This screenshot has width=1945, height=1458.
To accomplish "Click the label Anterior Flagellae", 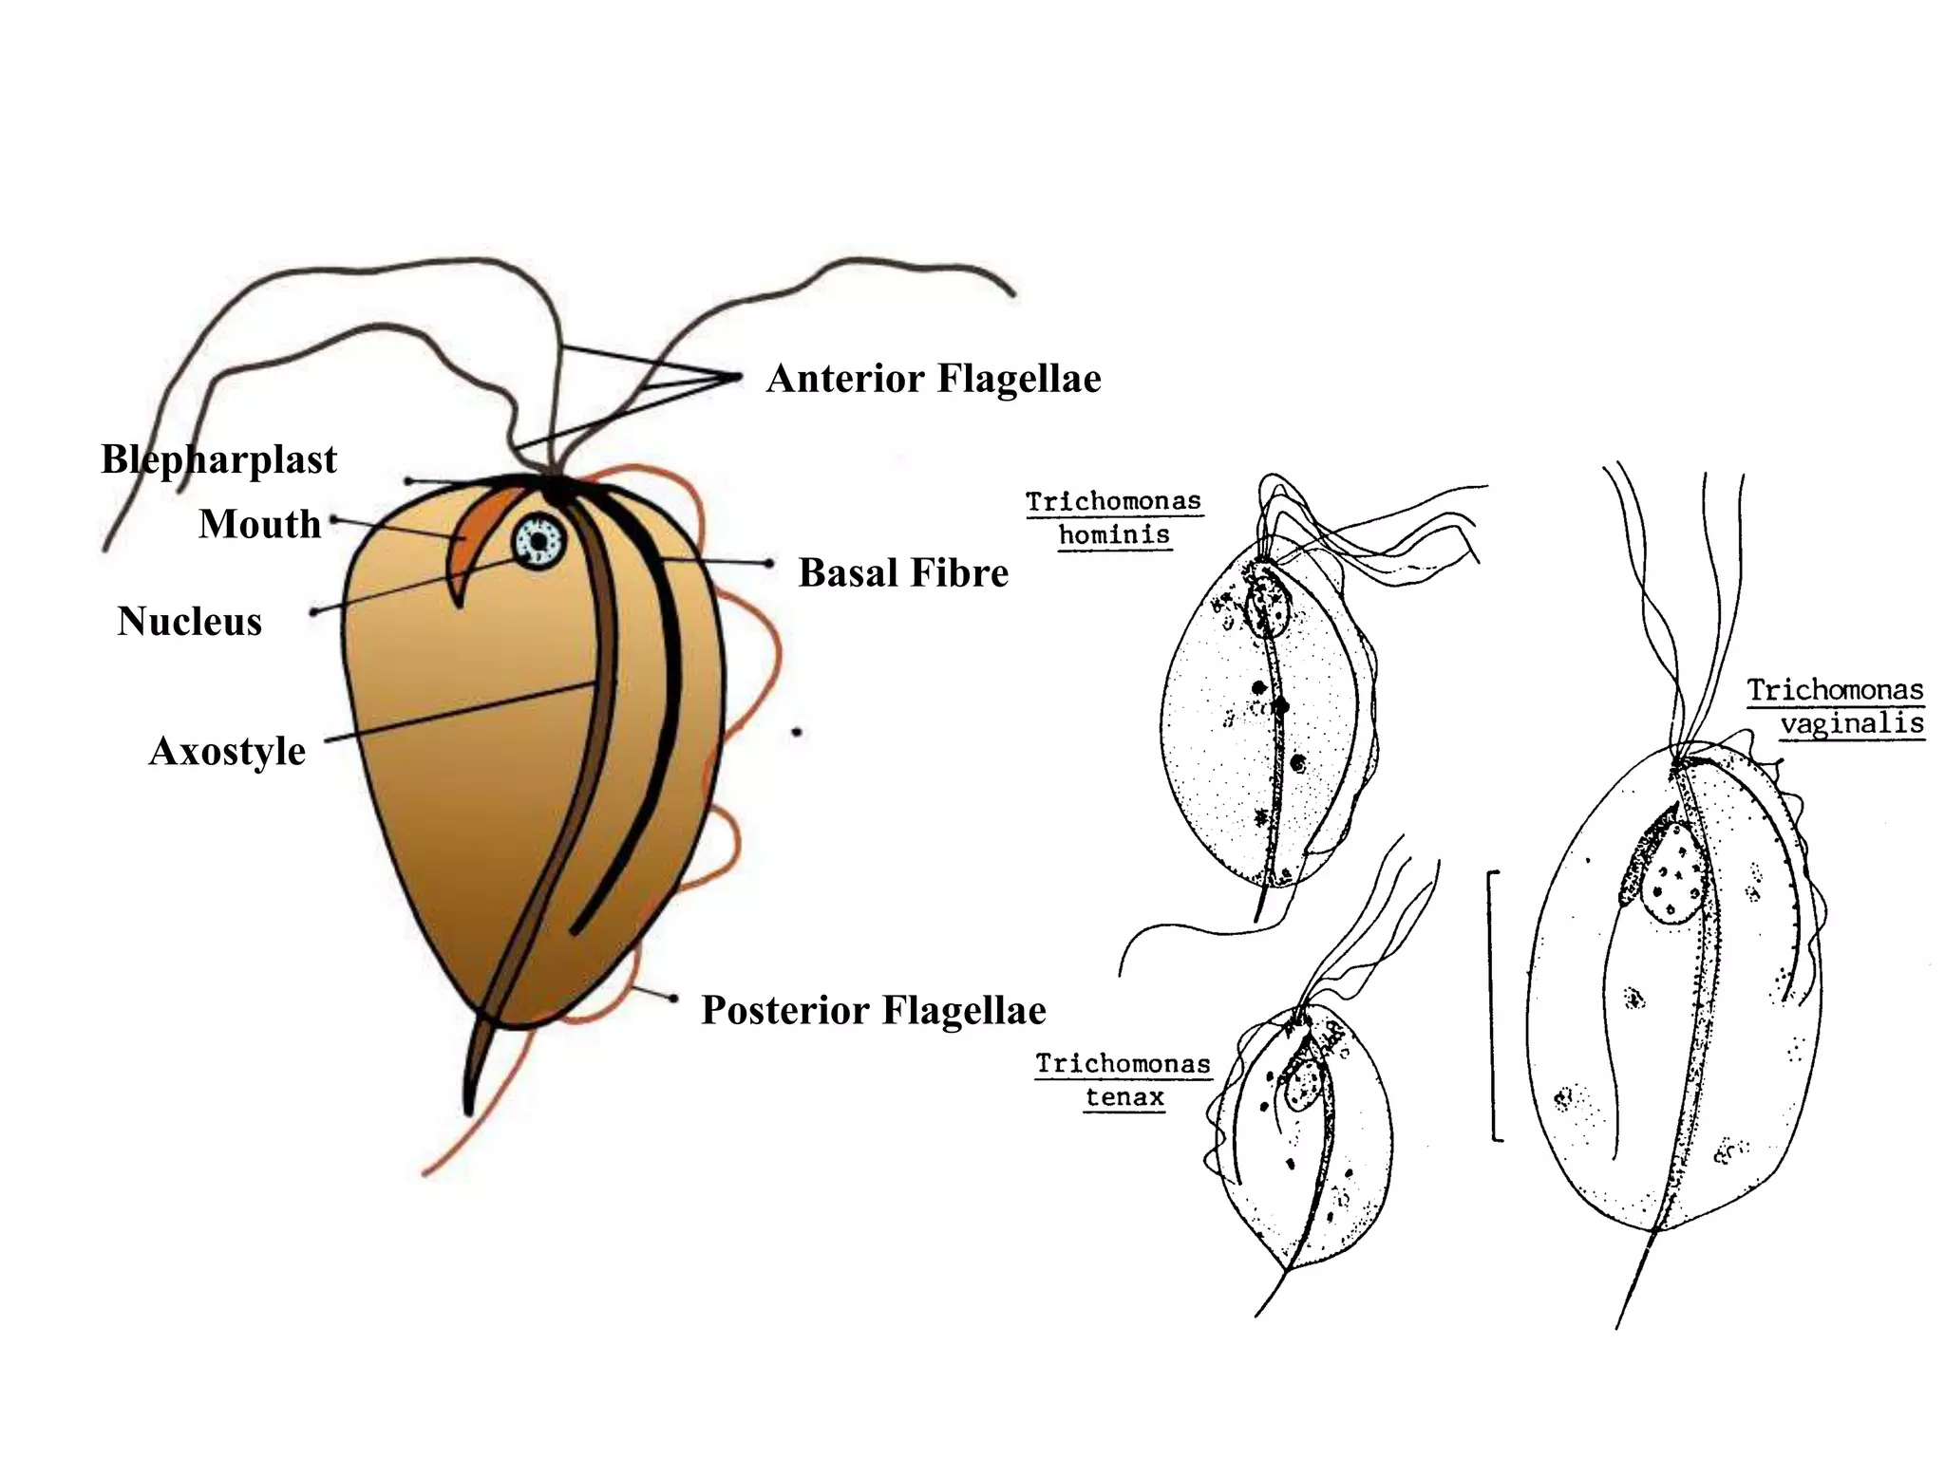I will [x=934, y=379].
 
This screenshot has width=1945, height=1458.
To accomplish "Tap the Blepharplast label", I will [x=218, y=460].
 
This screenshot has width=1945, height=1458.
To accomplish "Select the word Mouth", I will [x=259, y=524].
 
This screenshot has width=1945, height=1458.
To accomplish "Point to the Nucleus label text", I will [x=189, y=622].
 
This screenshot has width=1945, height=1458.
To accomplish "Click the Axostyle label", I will [x=227, y=752].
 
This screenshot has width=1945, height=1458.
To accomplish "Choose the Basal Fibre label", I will [x=903, y=573].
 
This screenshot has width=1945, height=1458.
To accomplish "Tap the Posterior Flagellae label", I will [x=873, y=1010].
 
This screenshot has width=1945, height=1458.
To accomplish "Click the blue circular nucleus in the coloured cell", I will [x=539, y=541].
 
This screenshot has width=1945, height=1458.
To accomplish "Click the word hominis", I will [x=1114, y=535].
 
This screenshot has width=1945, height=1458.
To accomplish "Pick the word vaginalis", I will [x=1852, y=724].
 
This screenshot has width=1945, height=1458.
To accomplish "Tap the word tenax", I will [x=1124, y=1098].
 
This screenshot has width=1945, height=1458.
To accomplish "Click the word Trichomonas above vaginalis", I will [x=1835, y=690].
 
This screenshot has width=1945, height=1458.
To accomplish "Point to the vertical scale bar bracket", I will [x=1493, y=1003].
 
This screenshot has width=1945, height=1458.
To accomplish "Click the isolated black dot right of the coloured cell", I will [x=797, y=733].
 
